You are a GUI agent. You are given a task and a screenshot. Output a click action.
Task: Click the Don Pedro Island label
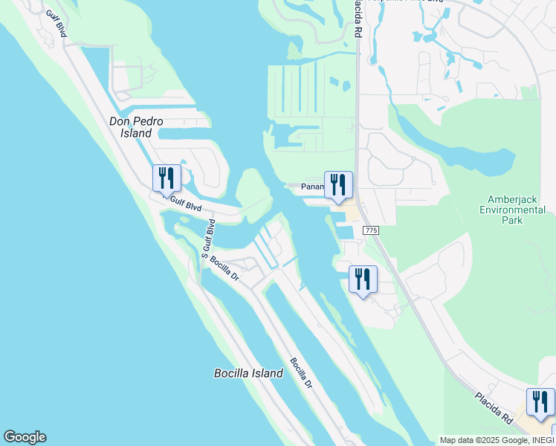(x=136, y=127)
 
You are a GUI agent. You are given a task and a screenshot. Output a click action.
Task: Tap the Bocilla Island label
(x=248, y=373)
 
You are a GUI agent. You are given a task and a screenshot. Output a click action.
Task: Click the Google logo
(x=25, y=437)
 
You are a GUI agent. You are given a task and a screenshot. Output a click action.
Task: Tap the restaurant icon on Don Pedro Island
(x=167, y=178)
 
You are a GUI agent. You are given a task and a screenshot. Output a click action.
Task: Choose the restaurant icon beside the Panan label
(x=338, y=185)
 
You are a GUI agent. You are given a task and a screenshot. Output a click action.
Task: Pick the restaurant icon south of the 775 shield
(x=363, y=279)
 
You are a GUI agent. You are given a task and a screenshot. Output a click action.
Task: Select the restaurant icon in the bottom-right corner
(x=540, y=402)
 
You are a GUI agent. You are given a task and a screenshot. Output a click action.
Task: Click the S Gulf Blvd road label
(x=207, y=238)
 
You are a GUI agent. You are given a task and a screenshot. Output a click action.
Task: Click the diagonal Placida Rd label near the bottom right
(x=494, y=408)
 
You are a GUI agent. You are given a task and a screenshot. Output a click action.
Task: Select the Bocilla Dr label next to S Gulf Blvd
(x=224, y=268)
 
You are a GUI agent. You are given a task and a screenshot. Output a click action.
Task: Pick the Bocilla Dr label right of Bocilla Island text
(x=300, y=376)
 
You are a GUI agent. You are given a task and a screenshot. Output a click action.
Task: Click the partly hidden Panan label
(x=312, y=188)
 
